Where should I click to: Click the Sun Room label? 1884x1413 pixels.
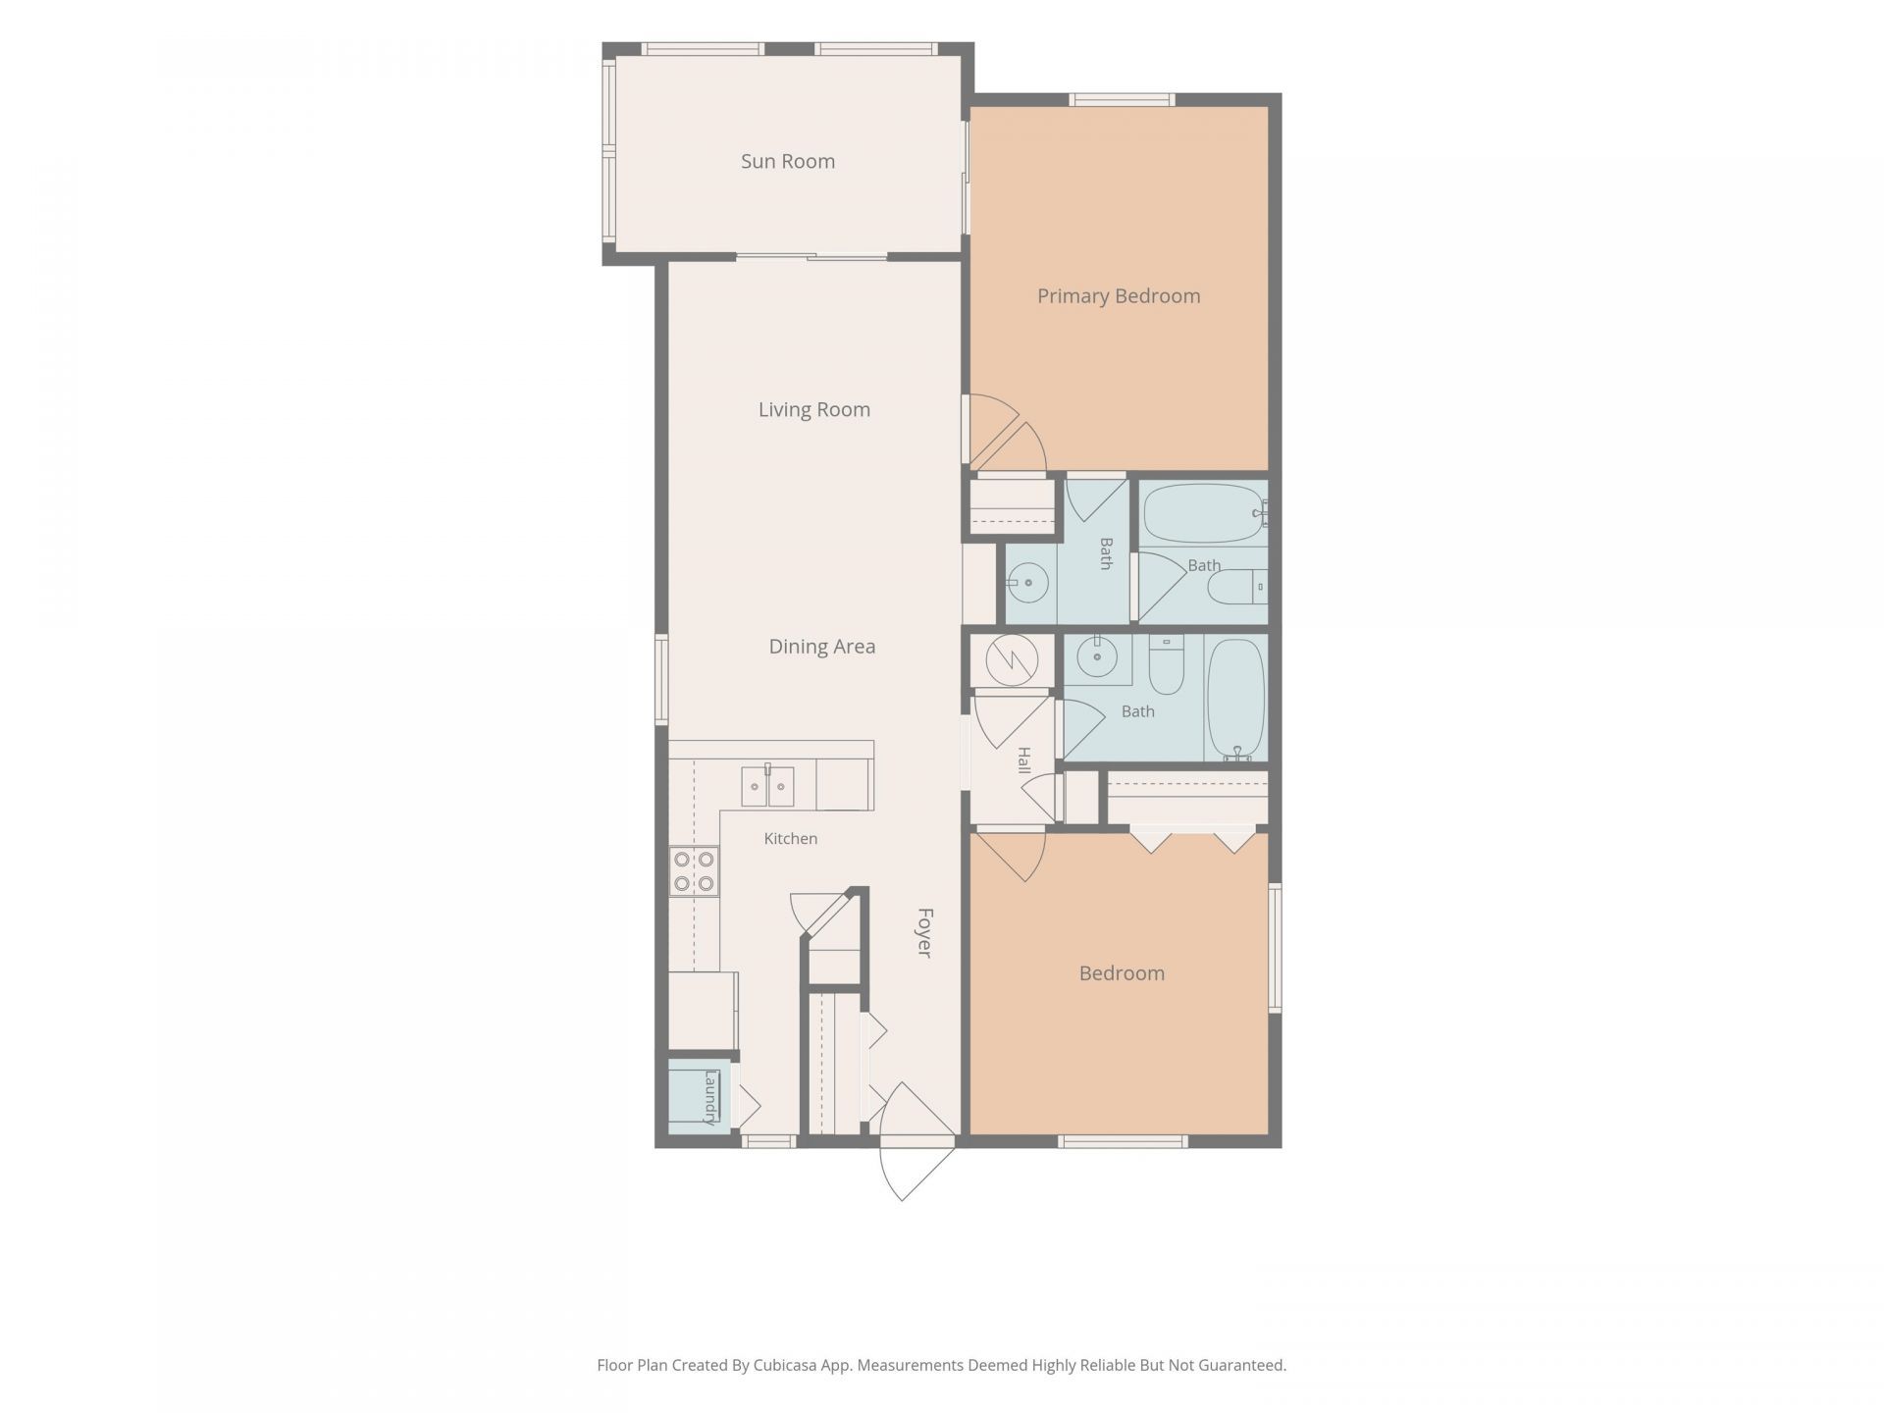click(x=788, y=161)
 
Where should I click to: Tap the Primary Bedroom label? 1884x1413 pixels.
click(x=1119, y=296)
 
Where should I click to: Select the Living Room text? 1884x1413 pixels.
click(x=814, y=410)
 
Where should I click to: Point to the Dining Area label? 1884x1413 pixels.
click(x=822, y=647)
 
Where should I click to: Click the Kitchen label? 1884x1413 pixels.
click(x=791, y=839)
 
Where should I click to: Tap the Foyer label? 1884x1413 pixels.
click(x=924, y=932)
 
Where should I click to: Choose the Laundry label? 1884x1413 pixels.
click(x=710, y=1097)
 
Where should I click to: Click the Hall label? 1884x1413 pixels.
click(x=1023, y=760)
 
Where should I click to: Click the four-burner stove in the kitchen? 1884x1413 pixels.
click(x=694, y=871)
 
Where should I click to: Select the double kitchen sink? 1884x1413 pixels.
click(x=767, y=786)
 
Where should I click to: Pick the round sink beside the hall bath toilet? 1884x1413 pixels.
click(x=1097, y=655)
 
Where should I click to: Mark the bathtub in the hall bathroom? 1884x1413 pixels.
click(x=1236, y=700)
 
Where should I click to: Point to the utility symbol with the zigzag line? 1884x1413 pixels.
click(x=1012, y=660)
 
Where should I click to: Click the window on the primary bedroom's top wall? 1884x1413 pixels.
click(x=1122, y=99)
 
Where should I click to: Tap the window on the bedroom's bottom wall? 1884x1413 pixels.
click(x=1124, y=1141)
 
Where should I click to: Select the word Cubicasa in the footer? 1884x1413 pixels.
click(x=787, y=1365)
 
